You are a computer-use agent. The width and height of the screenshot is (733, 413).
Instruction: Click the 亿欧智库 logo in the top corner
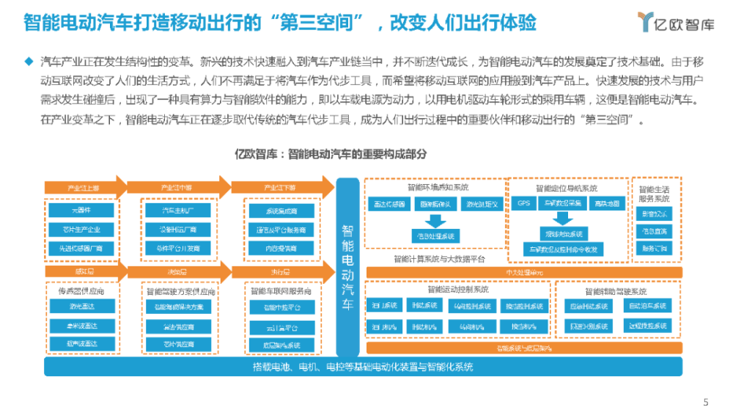(x=674, y=22)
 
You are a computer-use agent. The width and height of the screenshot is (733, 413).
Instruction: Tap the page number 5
(x=706, y=401)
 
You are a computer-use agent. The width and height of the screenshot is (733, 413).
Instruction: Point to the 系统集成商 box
(x=281, y=211)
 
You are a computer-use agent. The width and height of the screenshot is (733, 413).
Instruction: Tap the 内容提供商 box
(x=281, y=249)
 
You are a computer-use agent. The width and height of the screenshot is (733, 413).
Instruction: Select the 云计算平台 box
(x=281, y=326)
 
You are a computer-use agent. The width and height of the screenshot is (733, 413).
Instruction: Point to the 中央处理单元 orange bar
(x=524, y=274)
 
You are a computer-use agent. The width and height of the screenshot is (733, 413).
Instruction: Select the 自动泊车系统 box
(x=648, y=306)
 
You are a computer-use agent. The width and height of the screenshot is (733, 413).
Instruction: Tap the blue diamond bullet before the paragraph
(x=29, y=60)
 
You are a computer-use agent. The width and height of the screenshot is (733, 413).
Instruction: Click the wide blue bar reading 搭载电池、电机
(x=363, y=366)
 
